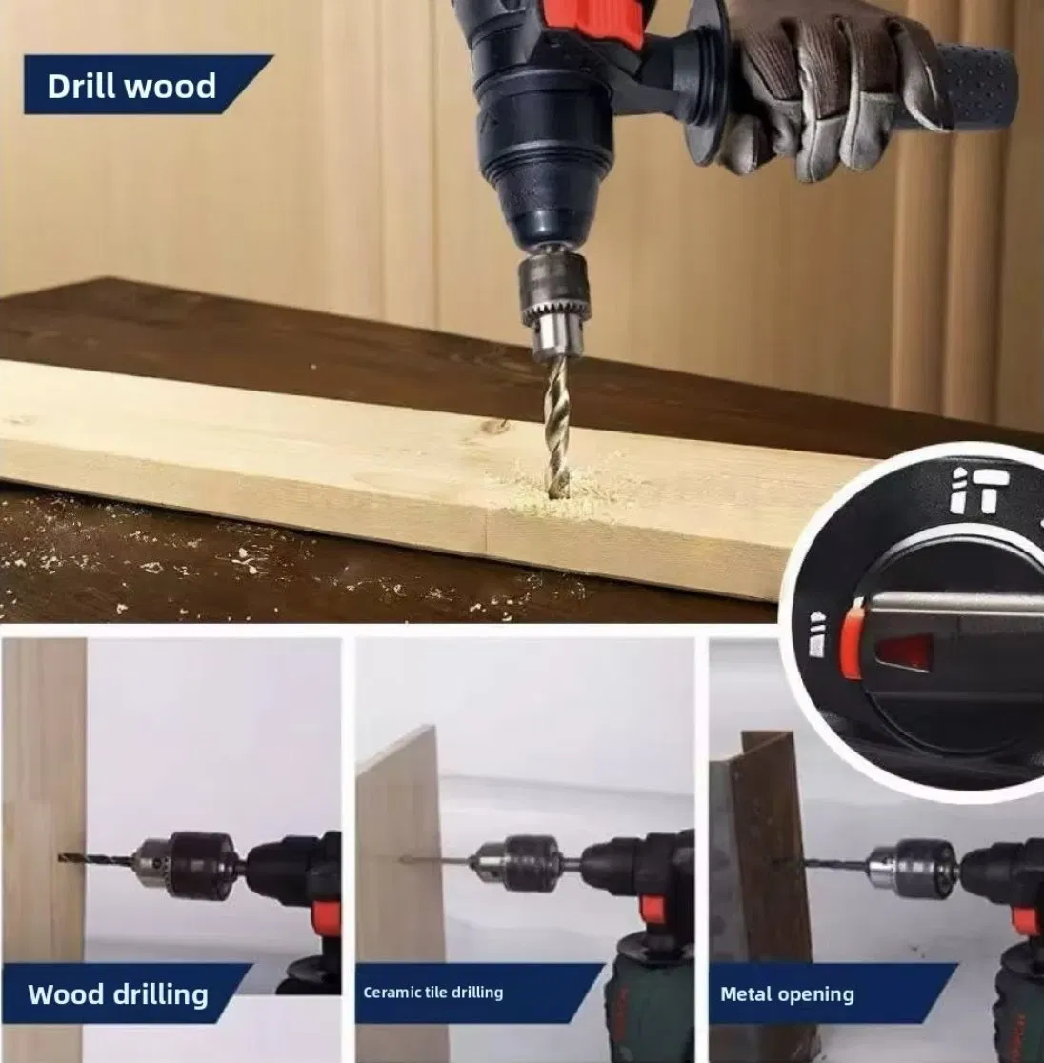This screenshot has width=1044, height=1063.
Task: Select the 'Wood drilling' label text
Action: (x=117, y=995)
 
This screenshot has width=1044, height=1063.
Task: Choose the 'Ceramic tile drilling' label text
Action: (x=432, y=993)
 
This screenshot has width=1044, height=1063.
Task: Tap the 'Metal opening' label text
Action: (x=787, y=994)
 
